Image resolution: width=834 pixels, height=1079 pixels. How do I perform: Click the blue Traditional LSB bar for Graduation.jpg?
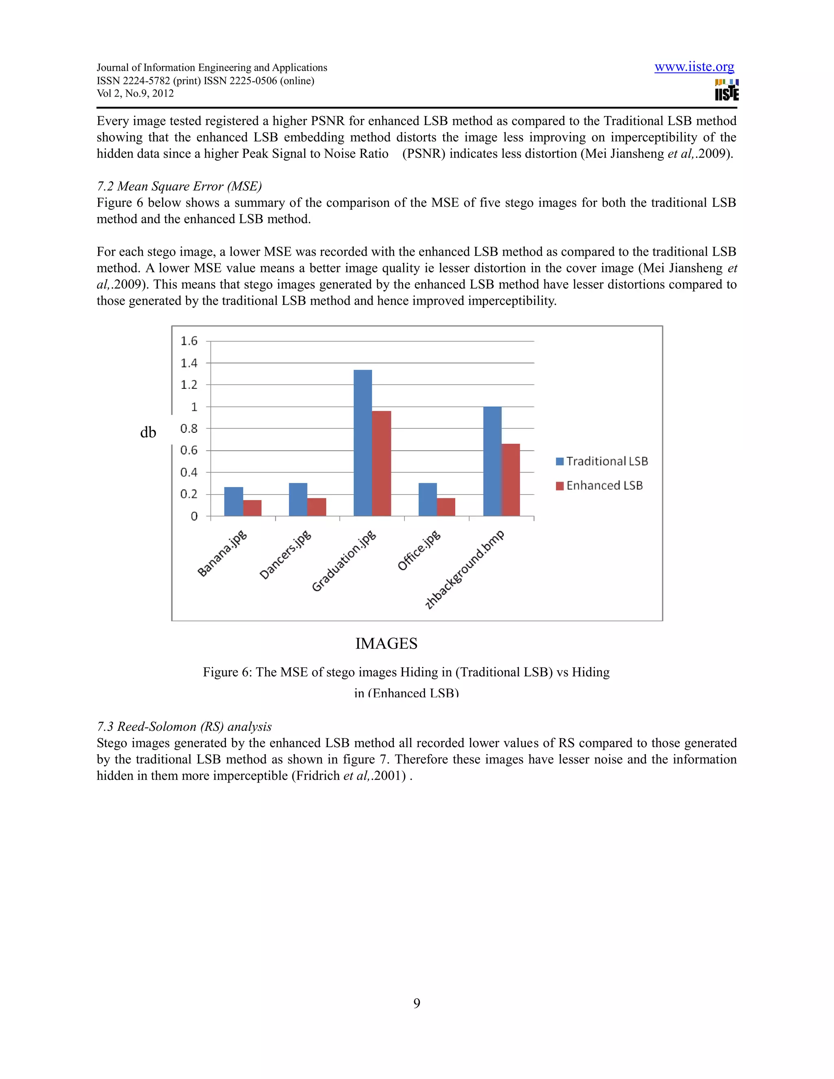click(363, 443)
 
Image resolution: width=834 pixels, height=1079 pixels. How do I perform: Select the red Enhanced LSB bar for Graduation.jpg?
click(382, 463)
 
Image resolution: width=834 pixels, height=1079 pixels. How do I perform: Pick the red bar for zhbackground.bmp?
click(511, 480)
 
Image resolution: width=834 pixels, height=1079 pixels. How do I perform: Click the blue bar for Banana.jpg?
click(233, 502)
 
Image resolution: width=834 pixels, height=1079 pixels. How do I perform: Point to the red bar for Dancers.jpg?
click(317, 507)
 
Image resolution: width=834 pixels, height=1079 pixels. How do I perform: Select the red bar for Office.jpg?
click(446, 507)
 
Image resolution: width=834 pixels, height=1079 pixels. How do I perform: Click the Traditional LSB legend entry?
click(602, 461)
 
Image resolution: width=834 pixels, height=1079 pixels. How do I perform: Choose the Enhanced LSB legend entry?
click(599, 486)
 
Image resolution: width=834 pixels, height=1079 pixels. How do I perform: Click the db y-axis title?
click(148, 433)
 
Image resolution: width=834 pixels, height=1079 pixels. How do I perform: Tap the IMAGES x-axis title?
click(386, 644)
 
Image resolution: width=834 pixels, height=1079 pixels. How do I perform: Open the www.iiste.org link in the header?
click(694, 67)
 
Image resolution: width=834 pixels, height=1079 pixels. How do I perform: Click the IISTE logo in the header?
click(726, 90)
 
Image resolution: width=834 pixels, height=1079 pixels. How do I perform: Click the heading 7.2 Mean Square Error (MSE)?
click(179, 186)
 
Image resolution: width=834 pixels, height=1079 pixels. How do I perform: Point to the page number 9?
click(417, 1003)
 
